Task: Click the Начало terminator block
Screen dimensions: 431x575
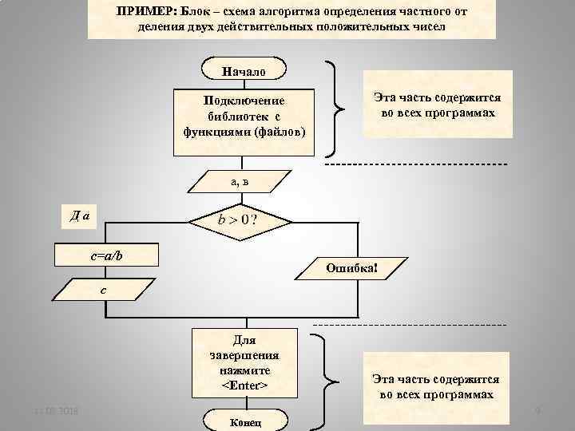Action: [x=244, y=70]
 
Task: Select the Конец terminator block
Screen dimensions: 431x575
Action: [x=244, y=422]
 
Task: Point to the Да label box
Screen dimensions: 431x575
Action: [x=79, y=215]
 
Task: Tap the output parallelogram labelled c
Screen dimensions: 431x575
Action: [x=102, y=289]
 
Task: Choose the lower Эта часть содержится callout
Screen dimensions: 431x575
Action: [x=436, y=387]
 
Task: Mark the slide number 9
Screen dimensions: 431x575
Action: [x=537, y=411]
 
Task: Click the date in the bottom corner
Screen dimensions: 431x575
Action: [x=50, y=411]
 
